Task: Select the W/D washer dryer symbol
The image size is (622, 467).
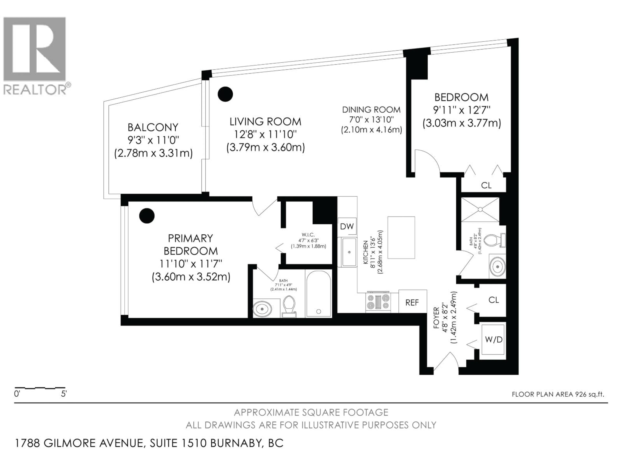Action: tap(494, 340)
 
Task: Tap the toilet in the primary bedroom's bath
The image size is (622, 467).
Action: tap(289, 306)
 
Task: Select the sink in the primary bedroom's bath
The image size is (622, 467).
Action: tap(262, 309)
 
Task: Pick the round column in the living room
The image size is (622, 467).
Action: tap(225, 94)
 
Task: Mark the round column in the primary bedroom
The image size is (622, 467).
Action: tap(147, 216)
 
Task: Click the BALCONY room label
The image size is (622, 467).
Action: tap(153, 127)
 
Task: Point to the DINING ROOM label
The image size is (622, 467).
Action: tap(371, 109)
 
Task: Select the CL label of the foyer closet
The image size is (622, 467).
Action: tap(494, 300)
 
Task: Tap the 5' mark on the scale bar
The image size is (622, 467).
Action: tap(64, 394)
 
